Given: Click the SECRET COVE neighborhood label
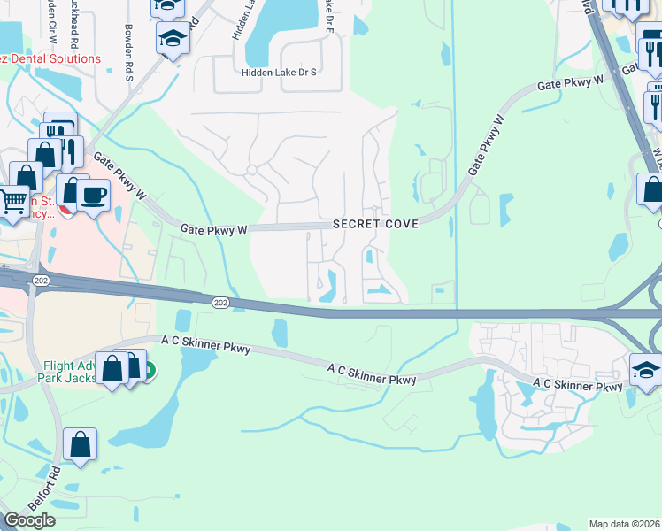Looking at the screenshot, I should (375, 225).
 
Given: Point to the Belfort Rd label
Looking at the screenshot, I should (42, 486).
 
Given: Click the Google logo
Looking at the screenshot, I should (29, 520).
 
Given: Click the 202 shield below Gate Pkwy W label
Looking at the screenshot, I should (220, 303).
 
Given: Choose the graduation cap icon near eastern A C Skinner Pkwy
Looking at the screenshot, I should (647, 369).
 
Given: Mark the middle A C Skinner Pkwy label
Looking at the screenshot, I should (372, 373).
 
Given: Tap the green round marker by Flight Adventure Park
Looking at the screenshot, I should (148, 371).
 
